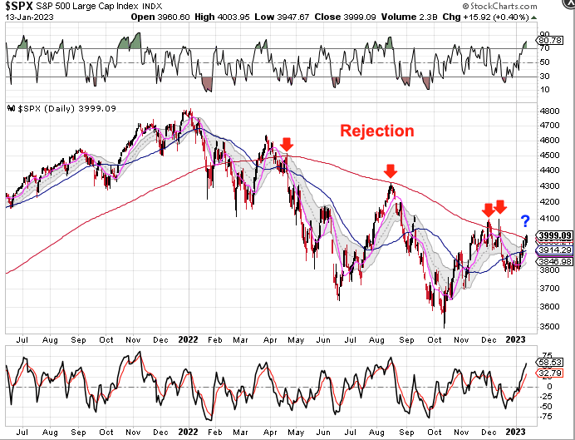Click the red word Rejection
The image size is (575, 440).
pyautogui.click(x=375, y=131)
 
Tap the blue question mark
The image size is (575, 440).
pyautogui.click(x=525, y=220)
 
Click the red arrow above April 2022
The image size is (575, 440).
pyautogui.click(x=287, y=146)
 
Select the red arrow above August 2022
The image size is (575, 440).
pyautogui.click(x=390, y=171)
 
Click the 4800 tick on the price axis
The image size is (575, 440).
pyautogui.click(x=549, y=110)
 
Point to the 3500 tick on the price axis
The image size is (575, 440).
pyautogui.click(x=549, y=326)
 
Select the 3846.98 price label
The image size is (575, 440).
pyautogui.click(x=553, y=261)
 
